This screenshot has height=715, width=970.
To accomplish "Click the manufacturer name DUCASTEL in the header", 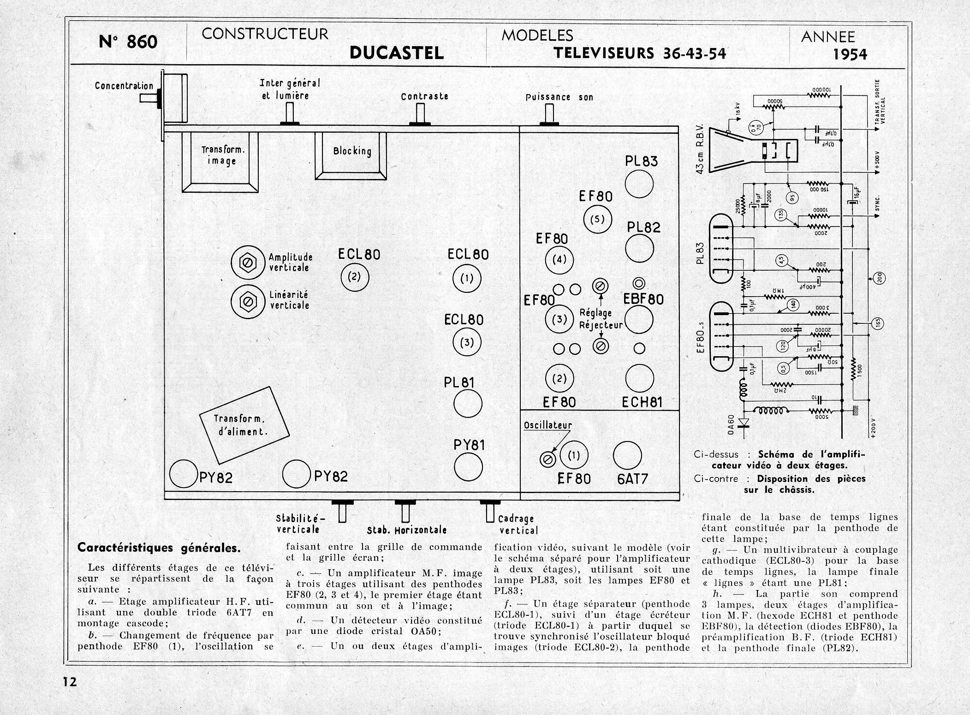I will click(397, 53).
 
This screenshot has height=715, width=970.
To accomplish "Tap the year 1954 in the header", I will click(850, 55).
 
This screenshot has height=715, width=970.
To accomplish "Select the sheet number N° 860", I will click(128, 42).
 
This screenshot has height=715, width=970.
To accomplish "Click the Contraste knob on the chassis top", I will click(420, 114).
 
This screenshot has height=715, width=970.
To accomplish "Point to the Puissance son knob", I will click(549, 115).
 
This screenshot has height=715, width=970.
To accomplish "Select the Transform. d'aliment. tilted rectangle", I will click(244, 425).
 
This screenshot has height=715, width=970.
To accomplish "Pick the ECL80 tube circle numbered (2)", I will click(355, 277).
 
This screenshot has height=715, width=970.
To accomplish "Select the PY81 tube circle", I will click(468, 466).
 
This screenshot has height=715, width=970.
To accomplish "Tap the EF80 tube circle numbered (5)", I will click(597, 219).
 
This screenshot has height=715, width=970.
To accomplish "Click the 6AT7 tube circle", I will click(627, 456).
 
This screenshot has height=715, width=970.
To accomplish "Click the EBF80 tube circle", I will click(639, 319).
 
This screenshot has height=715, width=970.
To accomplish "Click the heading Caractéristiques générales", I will click(159, 548).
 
